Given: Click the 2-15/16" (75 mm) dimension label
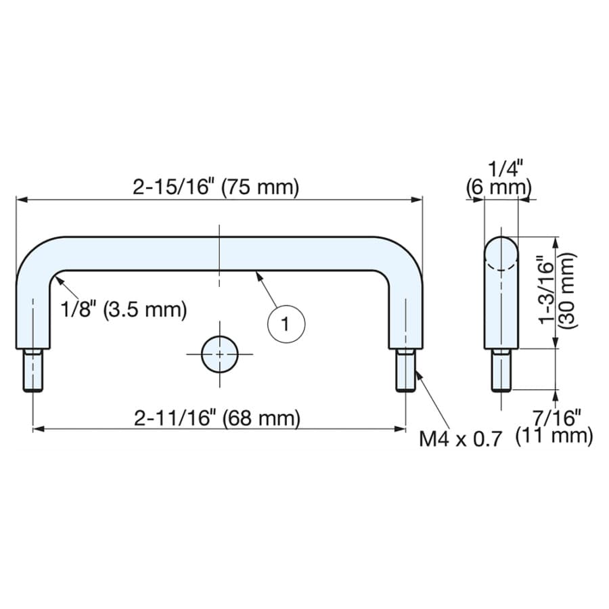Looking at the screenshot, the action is (216, 187).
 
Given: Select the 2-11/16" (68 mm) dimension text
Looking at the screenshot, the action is (217, 418).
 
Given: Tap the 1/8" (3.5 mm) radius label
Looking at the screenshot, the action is (124, 309).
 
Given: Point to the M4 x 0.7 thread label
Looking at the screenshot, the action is (460, 439).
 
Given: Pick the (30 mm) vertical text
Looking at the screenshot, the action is (568, 291).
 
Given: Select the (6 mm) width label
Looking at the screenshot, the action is (499, 187).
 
